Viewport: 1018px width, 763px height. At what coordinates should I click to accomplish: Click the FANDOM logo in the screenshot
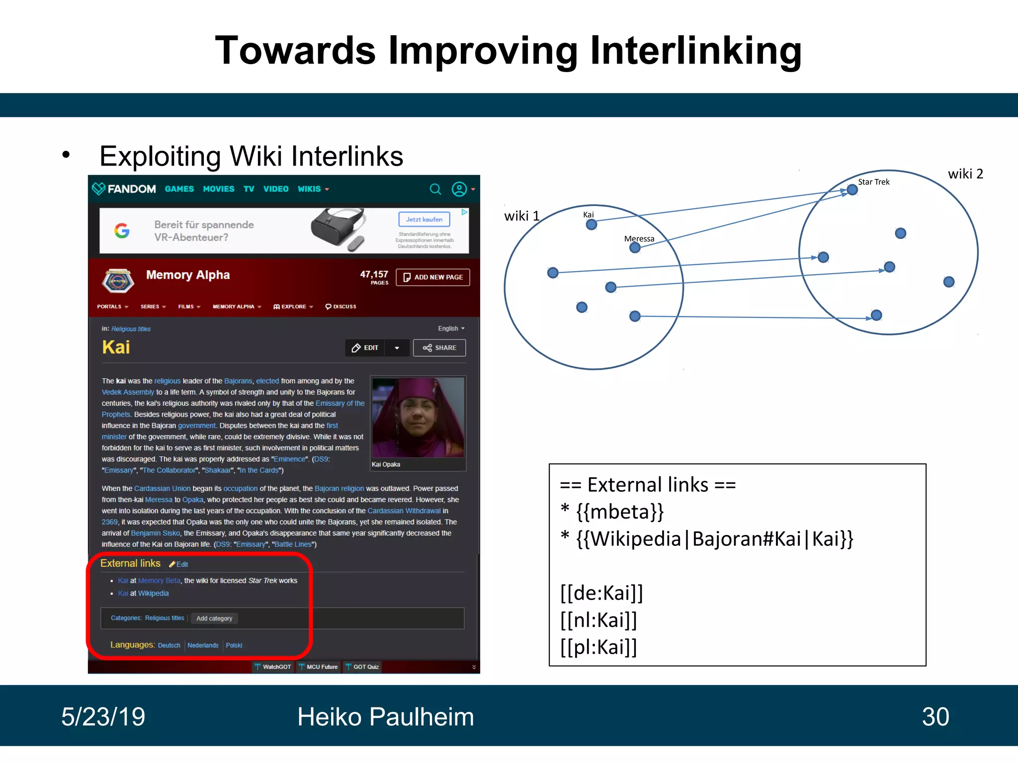124,189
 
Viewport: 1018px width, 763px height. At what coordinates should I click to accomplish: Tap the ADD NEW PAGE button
432,277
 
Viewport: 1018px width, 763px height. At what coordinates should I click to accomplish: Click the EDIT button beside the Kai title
366,348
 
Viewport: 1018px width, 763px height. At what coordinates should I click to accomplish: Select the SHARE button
439,348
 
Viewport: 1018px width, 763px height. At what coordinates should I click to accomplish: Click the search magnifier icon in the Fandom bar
435,189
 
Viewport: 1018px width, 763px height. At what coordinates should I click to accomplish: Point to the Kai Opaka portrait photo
418,417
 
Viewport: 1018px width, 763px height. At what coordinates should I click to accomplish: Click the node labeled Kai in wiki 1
591,225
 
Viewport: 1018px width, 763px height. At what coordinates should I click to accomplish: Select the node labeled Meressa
635,247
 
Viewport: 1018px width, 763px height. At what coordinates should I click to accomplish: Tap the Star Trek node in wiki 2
852,190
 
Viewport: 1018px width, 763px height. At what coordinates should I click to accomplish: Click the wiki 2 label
965,174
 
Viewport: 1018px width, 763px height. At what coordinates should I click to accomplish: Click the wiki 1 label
521,216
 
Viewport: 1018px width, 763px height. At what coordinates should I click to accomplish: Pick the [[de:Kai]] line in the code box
601,593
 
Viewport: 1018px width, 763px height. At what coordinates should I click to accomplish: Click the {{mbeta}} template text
619,512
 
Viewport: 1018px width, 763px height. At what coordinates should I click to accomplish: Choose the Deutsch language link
169,645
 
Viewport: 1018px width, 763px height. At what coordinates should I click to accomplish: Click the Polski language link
234,645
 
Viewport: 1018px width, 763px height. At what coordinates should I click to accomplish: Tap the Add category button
214,618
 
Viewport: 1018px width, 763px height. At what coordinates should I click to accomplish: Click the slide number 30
935,717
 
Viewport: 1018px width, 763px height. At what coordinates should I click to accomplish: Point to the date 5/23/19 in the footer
103,717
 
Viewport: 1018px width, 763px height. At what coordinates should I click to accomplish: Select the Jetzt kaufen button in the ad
424,220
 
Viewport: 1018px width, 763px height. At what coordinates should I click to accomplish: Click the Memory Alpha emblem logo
118,281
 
